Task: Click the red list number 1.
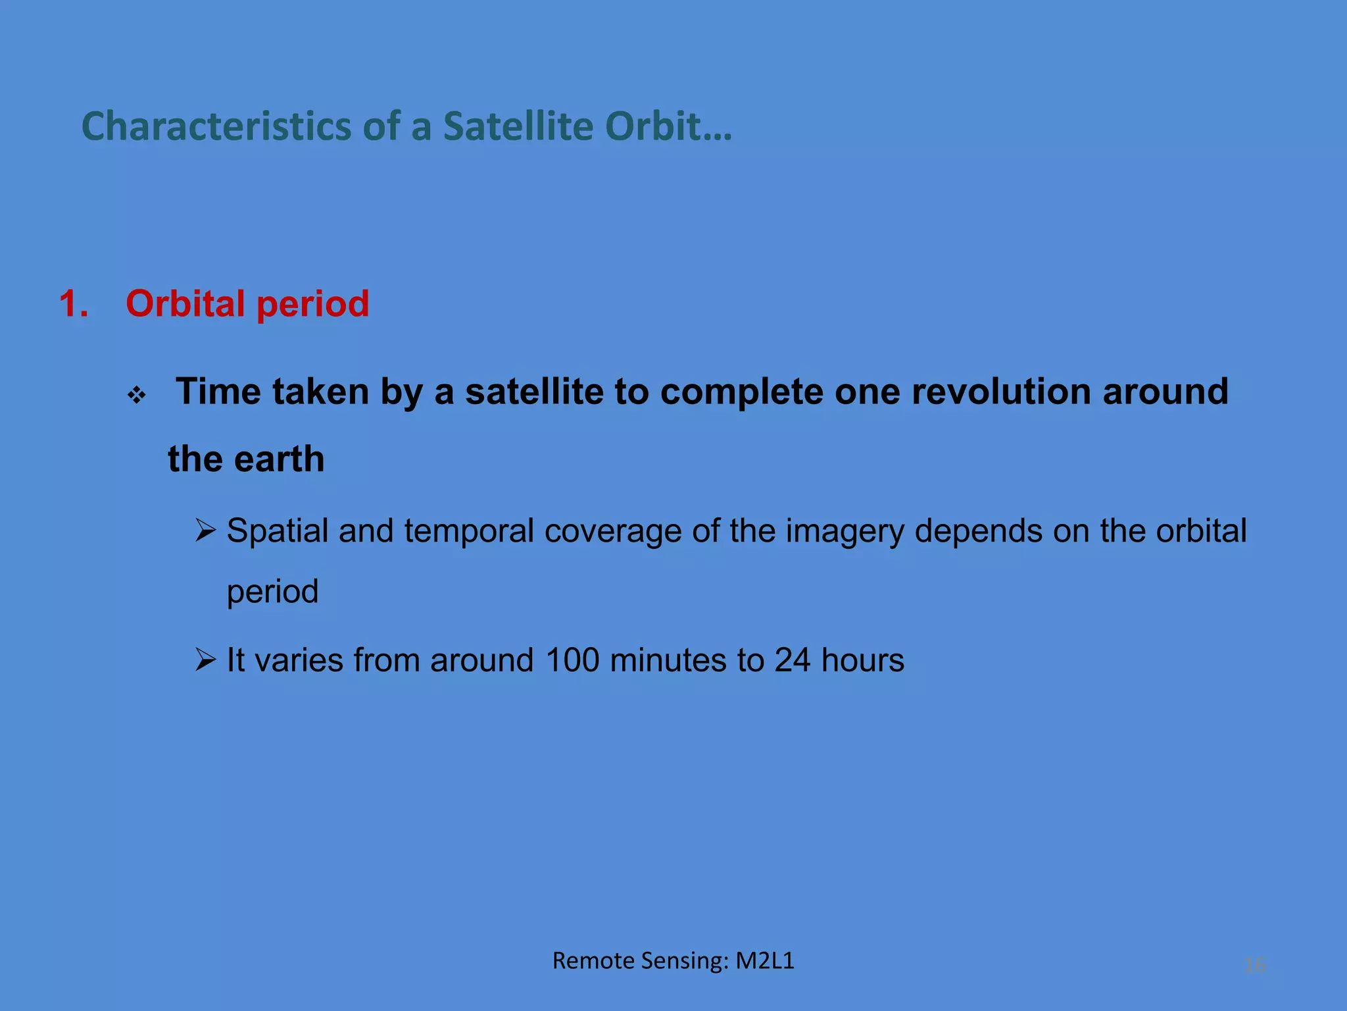click(x=73, y=304)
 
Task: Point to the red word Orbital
click(x=185, y=304)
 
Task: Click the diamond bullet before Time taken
click(x=137, y=396)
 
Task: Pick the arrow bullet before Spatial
click(x=206, y=531)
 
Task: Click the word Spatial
click(x=277, y=531)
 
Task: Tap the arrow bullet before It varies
click(x=206, y=660)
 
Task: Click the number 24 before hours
click(x=792, y=660)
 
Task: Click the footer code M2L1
click(x=764, y=961)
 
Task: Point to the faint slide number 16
click(x=1255, y=966)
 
